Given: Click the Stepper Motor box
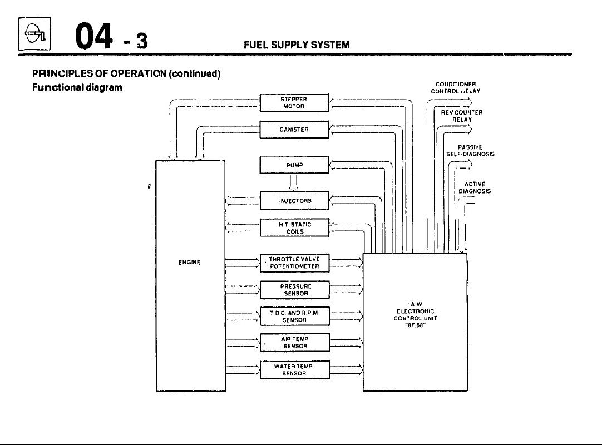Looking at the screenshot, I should coord(295,103).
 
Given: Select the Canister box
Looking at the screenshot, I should coord(295,130).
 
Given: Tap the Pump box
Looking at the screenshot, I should coord(295,165).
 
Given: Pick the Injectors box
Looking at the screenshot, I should coord(295,200).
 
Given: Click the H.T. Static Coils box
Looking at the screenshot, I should coord(295,228).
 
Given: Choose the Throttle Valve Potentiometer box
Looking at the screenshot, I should coord(295,263).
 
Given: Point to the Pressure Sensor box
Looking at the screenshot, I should coord(295,290).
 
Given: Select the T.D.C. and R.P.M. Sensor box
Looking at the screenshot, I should coord(295,317).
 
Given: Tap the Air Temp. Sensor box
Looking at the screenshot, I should coord(295,342).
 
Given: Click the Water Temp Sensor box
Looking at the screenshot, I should coord(295,370).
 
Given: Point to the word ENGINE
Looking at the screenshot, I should coord(190,262).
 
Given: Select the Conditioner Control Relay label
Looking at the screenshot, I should coord(455,88).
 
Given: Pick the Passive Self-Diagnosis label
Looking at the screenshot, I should coord(470,150).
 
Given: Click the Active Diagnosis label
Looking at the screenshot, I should coord(475,187).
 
